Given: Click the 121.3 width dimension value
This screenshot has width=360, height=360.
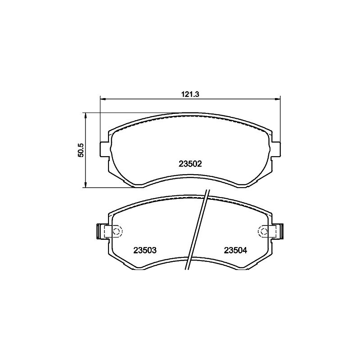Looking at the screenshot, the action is pos(190,94).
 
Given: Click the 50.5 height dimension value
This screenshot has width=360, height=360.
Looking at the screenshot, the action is pos(81,150).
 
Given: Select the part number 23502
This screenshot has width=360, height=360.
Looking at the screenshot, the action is pos(190,164).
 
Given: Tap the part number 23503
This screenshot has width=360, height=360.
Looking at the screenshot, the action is pos(145,250).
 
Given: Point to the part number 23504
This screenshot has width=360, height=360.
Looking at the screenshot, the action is pos(235,250).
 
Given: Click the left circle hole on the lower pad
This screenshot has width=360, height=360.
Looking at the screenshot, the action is pos(117,231).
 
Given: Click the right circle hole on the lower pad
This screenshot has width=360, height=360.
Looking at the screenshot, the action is pos(263,231).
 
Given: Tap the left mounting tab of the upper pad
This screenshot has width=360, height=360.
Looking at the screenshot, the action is pos(104,150).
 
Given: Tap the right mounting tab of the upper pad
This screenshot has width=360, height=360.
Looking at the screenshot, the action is pos(276,150).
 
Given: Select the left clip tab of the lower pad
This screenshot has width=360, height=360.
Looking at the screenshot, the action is pos(100,231).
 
